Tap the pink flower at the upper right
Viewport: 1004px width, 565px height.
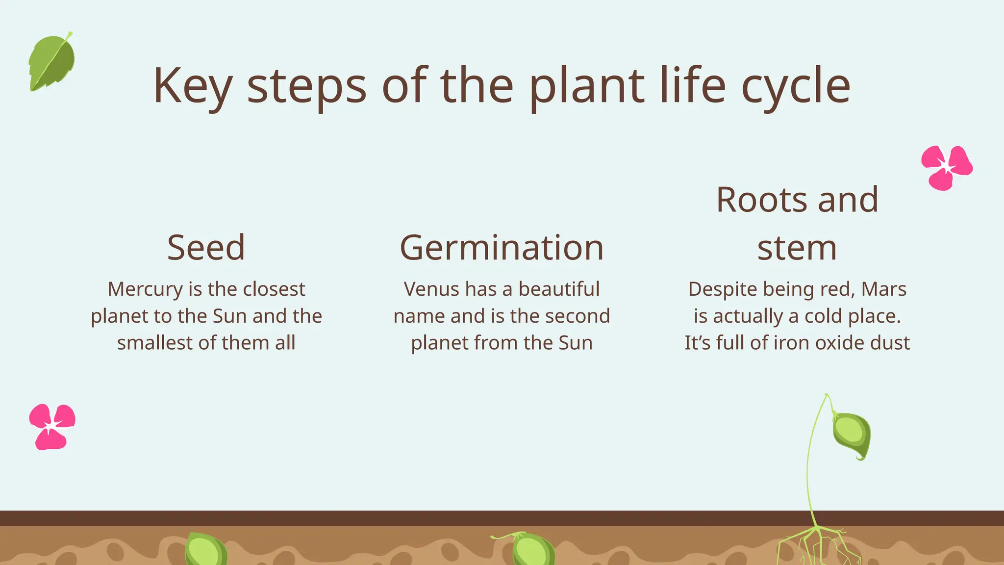pos(946,167)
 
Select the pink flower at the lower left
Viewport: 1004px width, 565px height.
pos(51,426)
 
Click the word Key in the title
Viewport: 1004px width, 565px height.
pos(192,86)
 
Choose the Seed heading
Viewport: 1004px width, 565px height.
pos(206,248)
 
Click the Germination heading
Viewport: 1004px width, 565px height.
pos(502,248)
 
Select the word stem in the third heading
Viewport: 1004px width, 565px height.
pos(797,248)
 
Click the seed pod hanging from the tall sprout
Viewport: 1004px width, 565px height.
pos(852,435)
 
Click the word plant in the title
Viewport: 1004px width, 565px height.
pos(586,86)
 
